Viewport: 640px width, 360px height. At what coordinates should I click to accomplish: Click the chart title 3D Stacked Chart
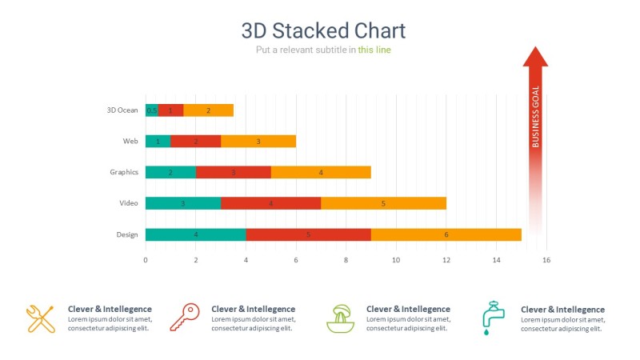click(323, 30)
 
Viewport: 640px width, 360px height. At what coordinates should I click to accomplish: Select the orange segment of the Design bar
click(446, 234)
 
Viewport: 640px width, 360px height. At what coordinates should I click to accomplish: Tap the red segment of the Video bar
click(270, 203)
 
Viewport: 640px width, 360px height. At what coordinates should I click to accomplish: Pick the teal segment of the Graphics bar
click(170, 172)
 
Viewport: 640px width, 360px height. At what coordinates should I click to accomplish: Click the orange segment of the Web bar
click(258, 142)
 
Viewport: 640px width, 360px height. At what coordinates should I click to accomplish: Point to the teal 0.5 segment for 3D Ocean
click(151, 110)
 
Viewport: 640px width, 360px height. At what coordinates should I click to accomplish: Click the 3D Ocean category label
click(122, 110)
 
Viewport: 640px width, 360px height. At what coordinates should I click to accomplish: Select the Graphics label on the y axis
click(124, 172)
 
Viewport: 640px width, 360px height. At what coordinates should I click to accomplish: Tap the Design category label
click(126, 234)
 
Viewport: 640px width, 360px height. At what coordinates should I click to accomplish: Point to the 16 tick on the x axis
click(546, 260)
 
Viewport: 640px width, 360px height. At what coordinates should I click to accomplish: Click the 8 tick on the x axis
click(346, 260)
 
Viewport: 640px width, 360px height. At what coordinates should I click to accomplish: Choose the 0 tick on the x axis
click(146, 260)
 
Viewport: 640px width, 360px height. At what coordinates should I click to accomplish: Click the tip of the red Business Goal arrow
click(535, 48)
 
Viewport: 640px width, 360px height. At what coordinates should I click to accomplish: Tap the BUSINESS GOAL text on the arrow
click(535, 117)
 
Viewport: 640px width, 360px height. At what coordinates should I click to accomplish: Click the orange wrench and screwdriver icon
click(40, 318)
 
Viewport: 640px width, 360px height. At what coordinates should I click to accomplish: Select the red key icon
click(184, 318)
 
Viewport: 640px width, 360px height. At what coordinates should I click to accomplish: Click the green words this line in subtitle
click(374, 50)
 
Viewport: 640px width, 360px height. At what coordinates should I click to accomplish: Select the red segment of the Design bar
click(308, 234)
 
